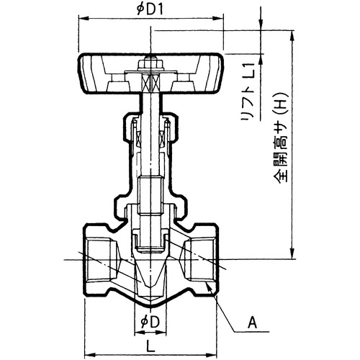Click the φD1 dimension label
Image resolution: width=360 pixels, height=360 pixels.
click(x=150, y=9)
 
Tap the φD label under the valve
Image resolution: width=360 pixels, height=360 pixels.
click(x=150, y=322)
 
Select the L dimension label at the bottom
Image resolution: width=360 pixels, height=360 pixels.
click(x=150, y=346)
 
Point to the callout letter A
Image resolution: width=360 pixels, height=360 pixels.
click(x=252, y=323)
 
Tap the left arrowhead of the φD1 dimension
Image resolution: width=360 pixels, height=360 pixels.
click(x=84, y=18)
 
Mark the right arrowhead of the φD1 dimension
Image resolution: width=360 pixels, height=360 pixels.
click(x=218, y=18)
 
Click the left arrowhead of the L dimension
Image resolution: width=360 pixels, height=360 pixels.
click(x=90, y=354)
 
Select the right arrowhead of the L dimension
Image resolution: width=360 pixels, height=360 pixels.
click(x=212, y=354)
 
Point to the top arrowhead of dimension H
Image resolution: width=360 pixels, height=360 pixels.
click(x=292, y=36)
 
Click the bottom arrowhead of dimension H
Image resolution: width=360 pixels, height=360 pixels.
click(x=292, y=254)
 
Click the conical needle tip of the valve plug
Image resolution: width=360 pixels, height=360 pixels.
click(x=150, y=275)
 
